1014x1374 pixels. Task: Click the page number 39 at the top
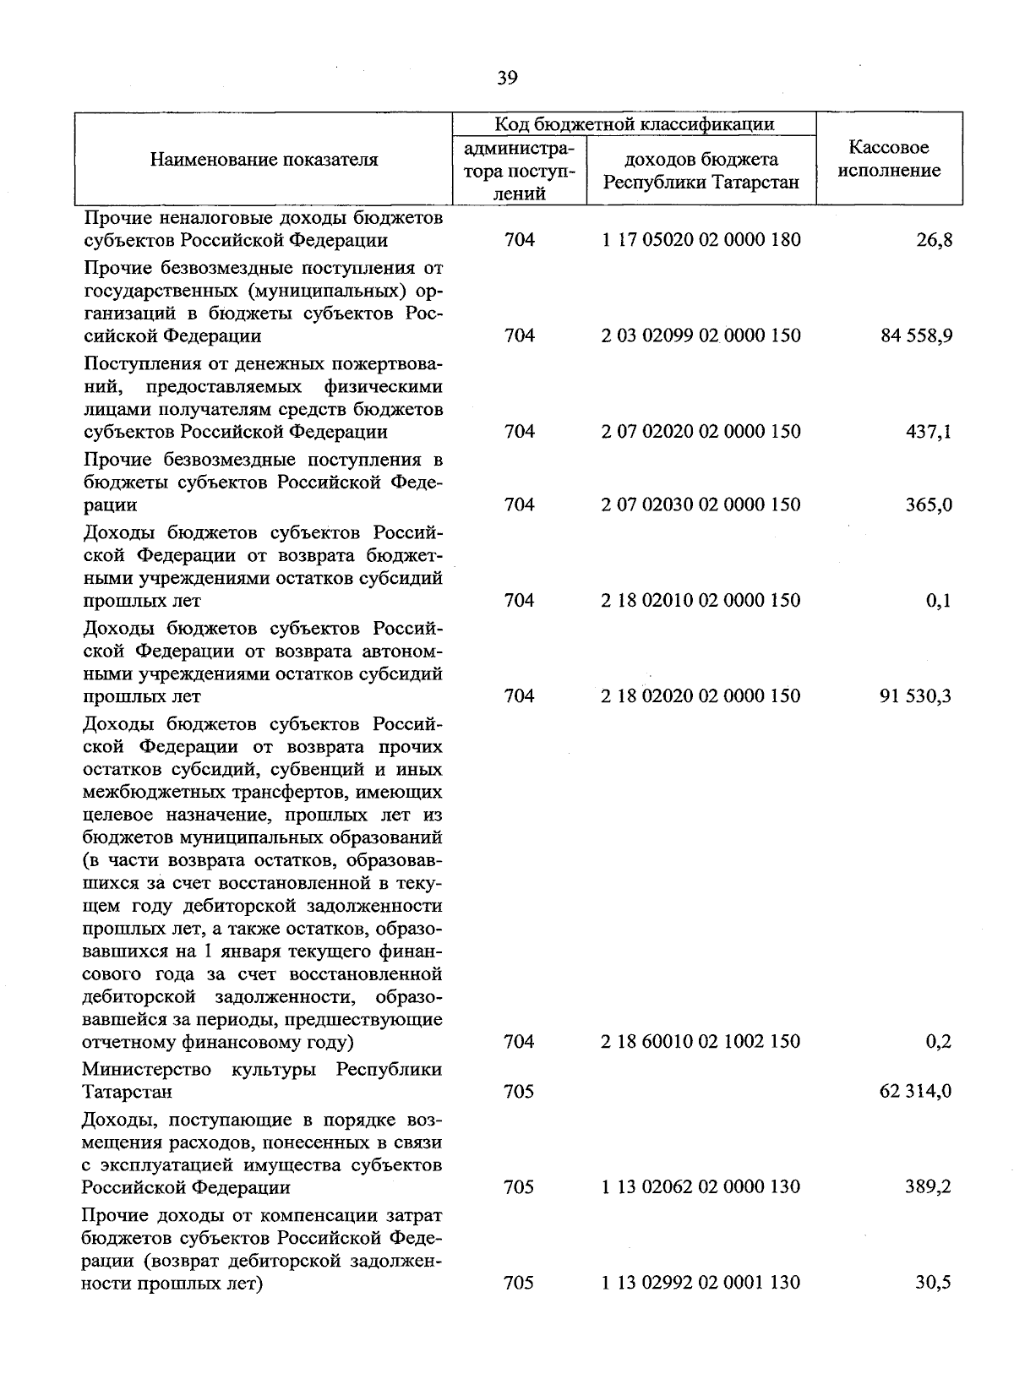tap(507, 79)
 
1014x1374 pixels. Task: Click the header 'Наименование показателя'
tap(264, 159)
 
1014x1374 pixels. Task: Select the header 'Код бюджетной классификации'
tap(634, 124)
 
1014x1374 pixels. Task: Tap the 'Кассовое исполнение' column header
tap(889, 159)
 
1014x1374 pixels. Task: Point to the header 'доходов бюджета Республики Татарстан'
tap(701, 171)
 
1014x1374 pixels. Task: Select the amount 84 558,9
tap(917, 335)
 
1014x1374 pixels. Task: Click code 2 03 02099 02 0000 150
tap(701, 335)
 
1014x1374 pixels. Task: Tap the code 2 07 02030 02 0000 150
tap(701, 504)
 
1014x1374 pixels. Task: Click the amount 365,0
tap(929, 504)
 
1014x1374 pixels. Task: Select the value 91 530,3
tap(917, 696)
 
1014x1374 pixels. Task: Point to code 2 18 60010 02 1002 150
tap(701, 1041)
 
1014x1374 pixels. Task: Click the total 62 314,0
tap(917, 1091)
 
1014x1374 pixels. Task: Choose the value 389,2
tap(929, 1186)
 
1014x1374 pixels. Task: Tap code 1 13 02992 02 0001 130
tap(701, 1283)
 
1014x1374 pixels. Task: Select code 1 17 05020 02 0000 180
tap(701, 240)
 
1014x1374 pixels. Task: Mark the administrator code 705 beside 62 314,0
tap(519, 1091)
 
